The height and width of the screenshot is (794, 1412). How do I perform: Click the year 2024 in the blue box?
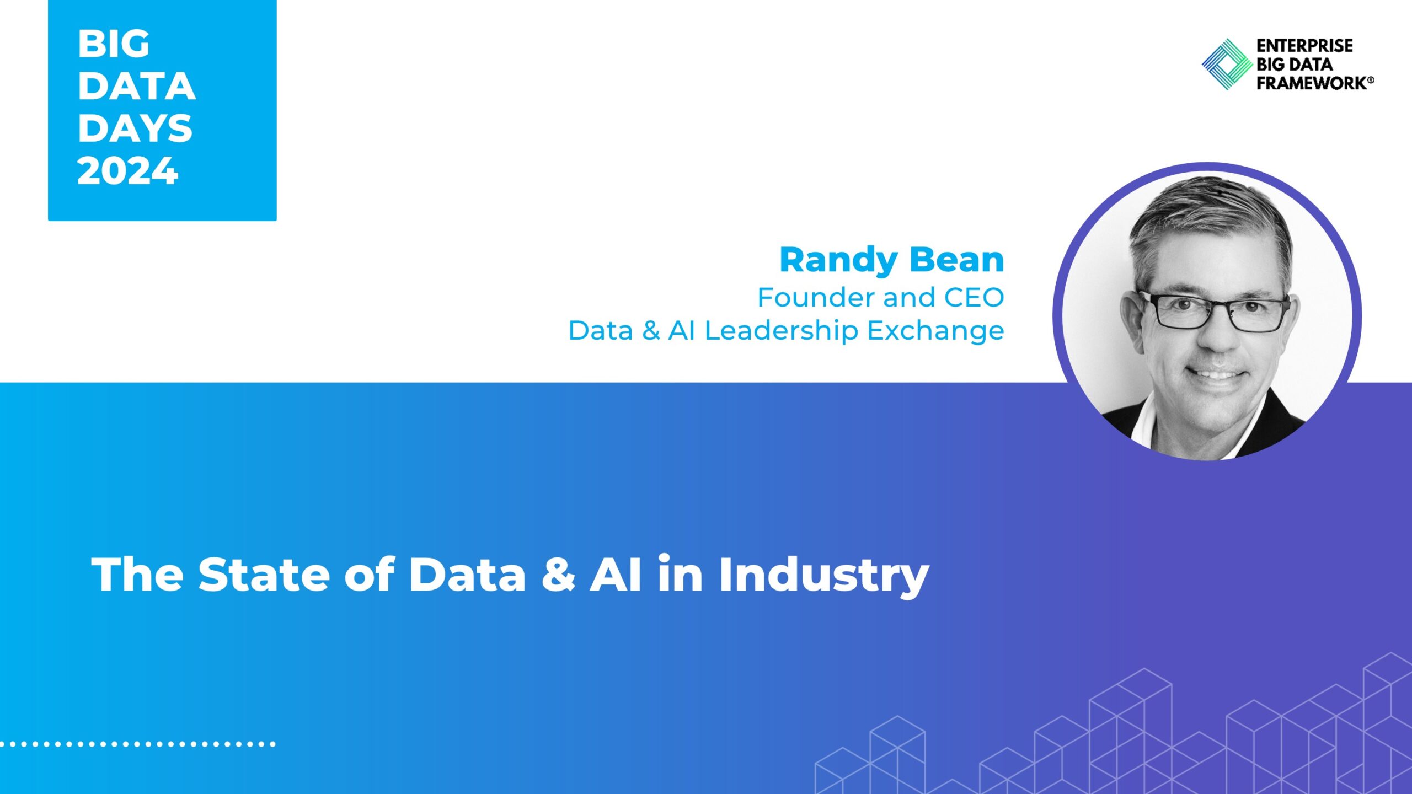click(127, 170)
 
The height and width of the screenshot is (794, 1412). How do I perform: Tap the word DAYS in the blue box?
click(135, 128)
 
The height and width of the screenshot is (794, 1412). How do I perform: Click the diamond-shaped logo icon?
click(1227, 64)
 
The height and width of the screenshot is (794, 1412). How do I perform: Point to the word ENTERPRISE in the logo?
click(1304, 45)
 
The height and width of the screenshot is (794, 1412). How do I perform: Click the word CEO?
click(974, 298)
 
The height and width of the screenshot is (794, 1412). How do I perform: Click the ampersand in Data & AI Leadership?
click(651, 331)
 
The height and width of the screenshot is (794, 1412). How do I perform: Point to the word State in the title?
click(264, 575)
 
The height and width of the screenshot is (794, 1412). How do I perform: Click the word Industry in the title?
click(824, 577)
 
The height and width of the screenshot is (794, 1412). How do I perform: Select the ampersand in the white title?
click(558, 575)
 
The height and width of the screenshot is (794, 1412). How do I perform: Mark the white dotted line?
click(138, 744)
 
